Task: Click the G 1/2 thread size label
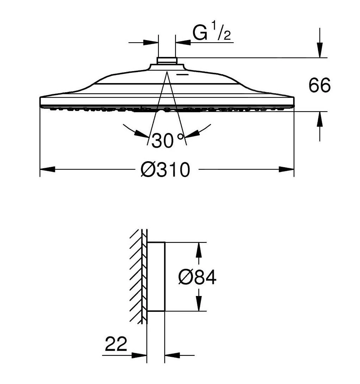click(x=211, y=33)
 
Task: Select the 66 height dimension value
click(x=319, y=86)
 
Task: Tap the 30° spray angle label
click(x=168, y=141)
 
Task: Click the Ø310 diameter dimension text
click(x=165, y=170)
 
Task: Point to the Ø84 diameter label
click(x=197, y=277)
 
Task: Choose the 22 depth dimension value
click(x=116, y=344)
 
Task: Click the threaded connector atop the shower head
click(x=167, y=61)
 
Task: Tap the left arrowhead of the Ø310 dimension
click(x=47, y=169)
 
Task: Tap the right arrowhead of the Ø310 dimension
click(x=286, y=169)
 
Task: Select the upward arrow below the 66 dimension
click(x=319, y=120)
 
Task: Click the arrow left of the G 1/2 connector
click(x=150, y=43)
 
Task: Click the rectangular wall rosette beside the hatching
click(x=156, y=277)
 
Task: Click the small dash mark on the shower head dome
click(x=183, y=75)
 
